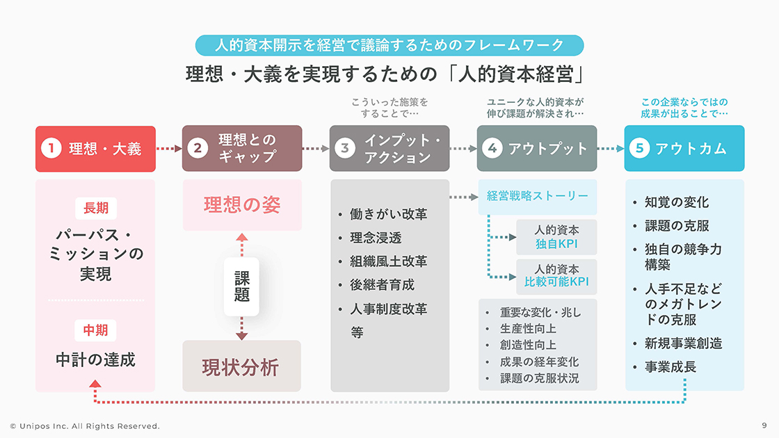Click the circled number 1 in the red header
coord(51,148)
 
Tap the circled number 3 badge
coord(345,148)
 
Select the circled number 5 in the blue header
coord(640,148)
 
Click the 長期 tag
coord(96,208)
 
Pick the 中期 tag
coord(96,330)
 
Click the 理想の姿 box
coord(242,205)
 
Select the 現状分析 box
coord(242,366)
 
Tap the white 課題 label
coord(241,286)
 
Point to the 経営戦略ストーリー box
coord(538,196)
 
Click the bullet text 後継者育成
coord(382,285)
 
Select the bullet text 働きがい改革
coord(388,214)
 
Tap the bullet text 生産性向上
coord(528,329)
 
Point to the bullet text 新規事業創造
coord(683,343)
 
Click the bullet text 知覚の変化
coord(676,202)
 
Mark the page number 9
coord(764,425)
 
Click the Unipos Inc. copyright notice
coord(85,425)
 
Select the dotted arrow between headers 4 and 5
coord(611,148)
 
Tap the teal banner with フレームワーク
coord(389,45)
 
